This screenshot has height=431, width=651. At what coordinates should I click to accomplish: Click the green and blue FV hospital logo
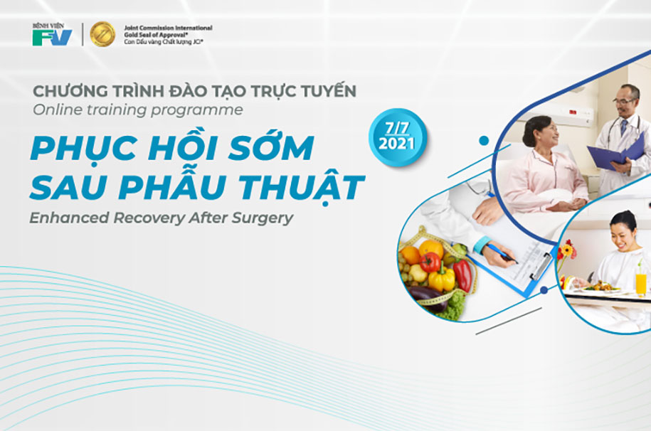click(52, 34)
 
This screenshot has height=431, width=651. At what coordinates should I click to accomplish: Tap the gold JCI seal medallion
click(102, 34)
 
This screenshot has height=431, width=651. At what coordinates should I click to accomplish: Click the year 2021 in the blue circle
click(397, 143)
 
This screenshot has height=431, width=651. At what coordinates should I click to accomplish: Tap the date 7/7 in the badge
click(397, 128)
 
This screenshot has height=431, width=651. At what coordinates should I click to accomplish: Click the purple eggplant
click(427, 296)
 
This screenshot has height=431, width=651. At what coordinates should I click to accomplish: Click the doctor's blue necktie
click(623, 127)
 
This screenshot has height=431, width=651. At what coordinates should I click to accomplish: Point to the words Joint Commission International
click(168, 28)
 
